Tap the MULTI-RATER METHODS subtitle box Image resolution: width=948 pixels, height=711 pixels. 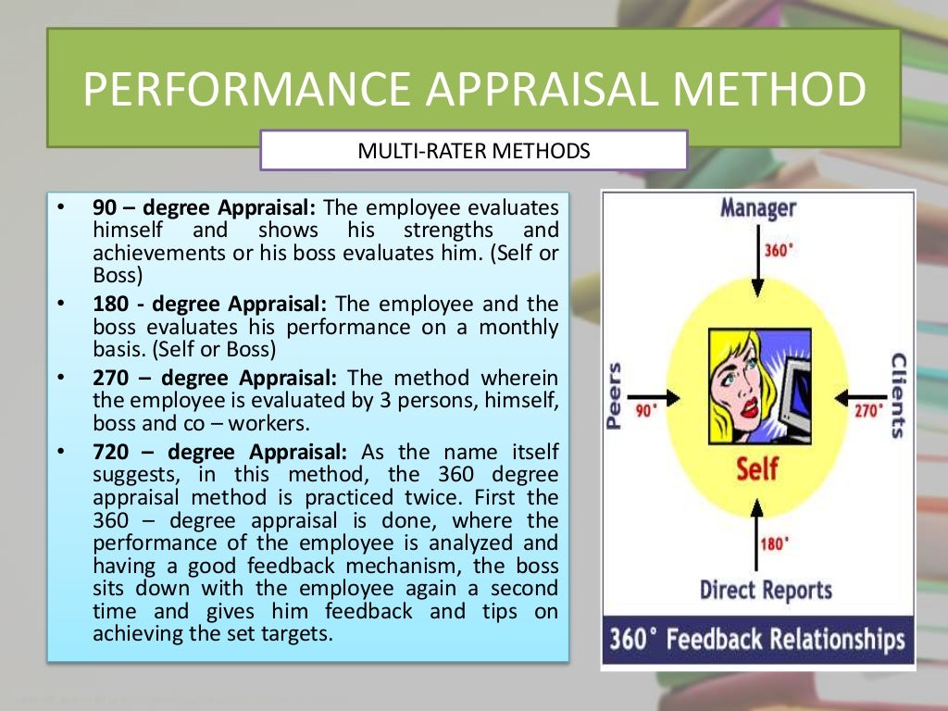[473, 150]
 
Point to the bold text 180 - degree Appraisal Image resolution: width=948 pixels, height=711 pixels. [210, 304]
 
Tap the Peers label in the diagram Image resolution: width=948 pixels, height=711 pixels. [615, 396]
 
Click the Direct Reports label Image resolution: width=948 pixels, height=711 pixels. [765, 589]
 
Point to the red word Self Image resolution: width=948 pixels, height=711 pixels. [757, 468]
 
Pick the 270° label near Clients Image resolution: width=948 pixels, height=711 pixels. [868, 410]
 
